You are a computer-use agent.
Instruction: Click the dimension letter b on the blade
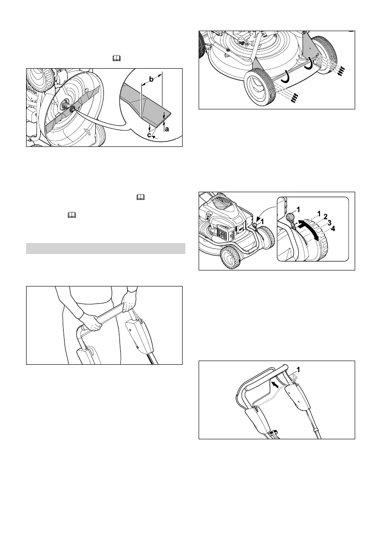tap(151, 81)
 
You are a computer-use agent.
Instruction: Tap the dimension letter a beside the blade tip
tap(167, 129)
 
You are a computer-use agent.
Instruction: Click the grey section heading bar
tap(105, 248)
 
